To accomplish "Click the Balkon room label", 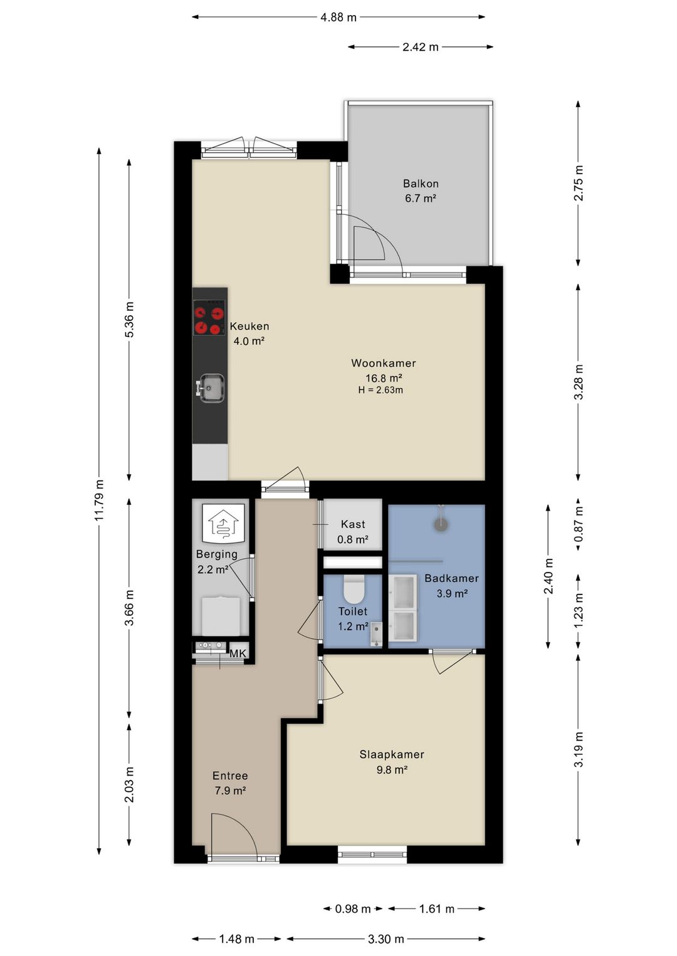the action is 420,184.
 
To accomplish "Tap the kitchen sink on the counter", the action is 210,388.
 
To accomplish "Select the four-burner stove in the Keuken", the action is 209,317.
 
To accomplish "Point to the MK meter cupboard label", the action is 238,653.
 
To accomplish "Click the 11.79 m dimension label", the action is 99,500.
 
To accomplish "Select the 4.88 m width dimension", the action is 338,18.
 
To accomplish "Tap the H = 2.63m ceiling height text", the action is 380,390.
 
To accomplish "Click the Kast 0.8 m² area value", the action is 352,540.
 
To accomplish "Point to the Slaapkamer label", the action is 392,754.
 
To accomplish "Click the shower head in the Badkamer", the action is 440,524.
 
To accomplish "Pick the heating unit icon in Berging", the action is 223,524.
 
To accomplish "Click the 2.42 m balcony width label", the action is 420,47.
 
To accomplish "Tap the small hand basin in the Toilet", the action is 376,634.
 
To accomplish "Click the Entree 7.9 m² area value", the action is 230,791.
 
